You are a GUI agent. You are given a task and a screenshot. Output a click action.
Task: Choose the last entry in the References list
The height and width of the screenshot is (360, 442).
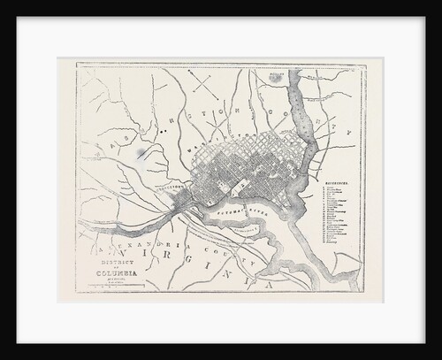point(332,263)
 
